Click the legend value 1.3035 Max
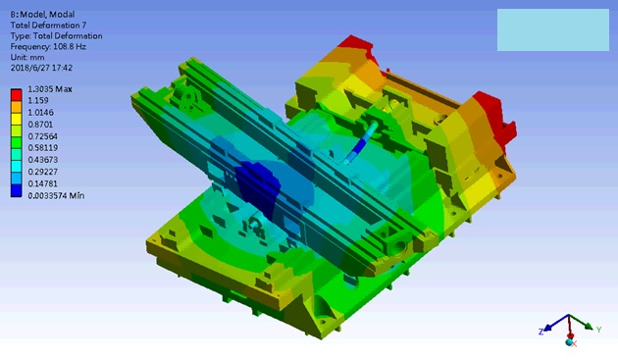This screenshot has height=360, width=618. [x=50, y=89]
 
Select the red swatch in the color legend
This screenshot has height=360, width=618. [x=16, y=95]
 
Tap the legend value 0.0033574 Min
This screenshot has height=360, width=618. [x=56, y=195]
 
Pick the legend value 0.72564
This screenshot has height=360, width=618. [x=42, y=136]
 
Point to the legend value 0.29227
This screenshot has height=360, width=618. [x=42, y=172]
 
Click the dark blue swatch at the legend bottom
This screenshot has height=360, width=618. [x=16, y=190]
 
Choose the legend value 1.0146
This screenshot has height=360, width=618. [x=40, y=113]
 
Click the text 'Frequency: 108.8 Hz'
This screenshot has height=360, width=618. [x=48, y=46]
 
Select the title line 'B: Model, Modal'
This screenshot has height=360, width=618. [x=42, y=15]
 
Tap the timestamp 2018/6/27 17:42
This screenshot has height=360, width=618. [x=41, y=68]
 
